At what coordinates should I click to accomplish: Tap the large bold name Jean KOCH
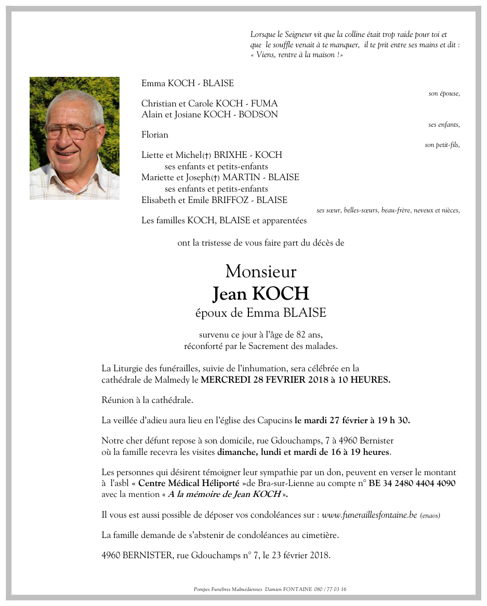point(261,294)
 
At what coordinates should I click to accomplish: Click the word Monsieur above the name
point(261,272)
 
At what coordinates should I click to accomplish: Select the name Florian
point(155,135)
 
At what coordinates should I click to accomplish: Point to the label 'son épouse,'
point(444,94)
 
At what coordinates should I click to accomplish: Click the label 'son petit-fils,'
point(442,145)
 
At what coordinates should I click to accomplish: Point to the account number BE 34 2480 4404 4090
point(412,483)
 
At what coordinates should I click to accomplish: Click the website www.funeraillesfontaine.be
point(369,515)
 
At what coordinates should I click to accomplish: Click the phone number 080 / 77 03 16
point(331,589)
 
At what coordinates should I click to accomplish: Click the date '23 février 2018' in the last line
point(299,555)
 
